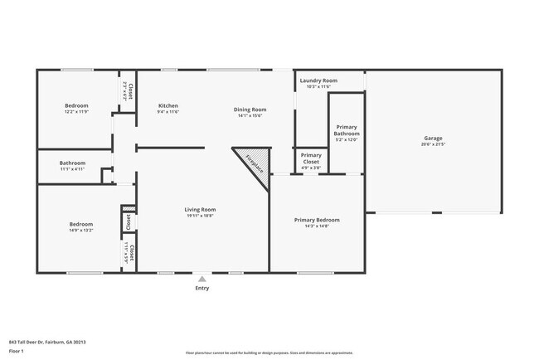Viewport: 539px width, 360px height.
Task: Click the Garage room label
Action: coord(433,138)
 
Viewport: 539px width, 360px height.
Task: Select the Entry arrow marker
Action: coord(202,279)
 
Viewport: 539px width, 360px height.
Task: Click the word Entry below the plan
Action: coord(202,288)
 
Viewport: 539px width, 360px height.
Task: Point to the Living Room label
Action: coord(200,210)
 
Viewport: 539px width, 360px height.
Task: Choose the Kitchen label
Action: coord(168,106)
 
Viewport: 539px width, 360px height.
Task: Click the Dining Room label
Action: coord(250,109)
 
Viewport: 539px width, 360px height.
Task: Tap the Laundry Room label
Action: coord(318,80)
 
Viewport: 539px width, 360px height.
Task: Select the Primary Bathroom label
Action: coord(347,130)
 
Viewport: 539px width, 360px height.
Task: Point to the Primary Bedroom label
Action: coord(317,220)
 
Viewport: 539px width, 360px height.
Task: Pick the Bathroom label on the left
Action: coord(72,163)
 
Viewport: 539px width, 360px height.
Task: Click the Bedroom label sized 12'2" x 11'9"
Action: coord(76,106)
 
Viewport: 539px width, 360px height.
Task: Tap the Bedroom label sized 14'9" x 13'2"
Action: coord(80,225)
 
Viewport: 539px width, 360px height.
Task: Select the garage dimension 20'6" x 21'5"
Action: coord(433,144)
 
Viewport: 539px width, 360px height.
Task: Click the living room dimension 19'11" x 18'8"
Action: coord(200,216)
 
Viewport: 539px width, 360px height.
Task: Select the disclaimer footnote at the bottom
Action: coord(269,353)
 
